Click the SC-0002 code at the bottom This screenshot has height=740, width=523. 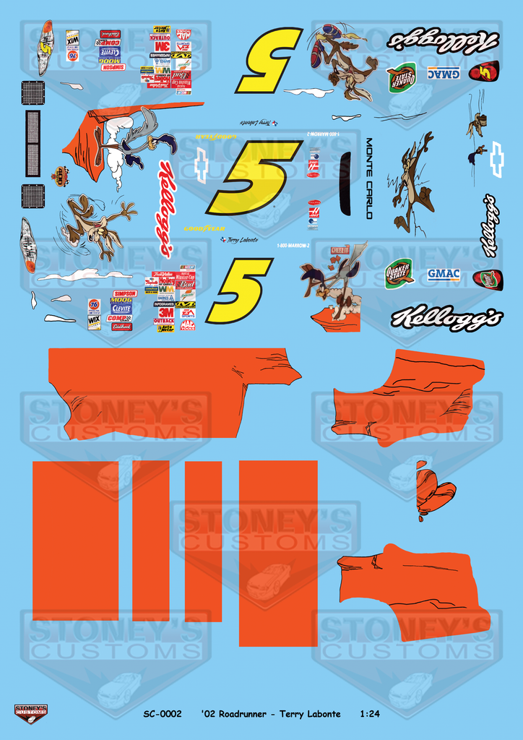[162, 714]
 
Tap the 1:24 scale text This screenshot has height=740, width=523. [369, 714]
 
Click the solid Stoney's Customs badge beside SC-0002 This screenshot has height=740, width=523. [30, 714]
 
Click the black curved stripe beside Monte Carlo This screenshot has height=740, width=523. [345, 184]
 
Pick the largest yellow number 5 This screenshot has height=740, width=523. [254, 176]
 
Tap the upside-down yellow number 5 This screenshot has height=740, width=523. [269, 59]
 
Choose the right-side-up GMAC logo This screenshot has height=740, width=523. [444, 274]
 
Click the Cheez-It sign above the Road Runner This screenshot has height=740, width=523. [340, 250]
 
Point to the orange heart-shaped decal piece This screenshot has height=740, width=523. [435, 491]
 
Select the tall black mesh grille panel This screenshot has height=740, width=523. [33, 143]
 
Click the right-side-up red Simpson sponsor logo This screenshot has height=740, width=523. [125, 293]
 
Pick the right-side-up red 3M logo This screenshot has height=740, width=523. [165, 313]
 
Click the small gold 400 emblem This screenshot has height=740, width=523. [60, 176]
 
